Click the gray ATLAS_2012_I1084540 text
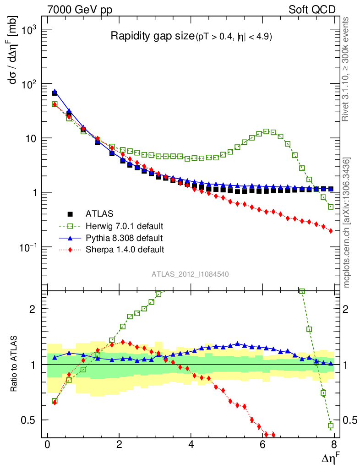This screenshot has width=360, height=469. pyautogui.click(x=191, y=274)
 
